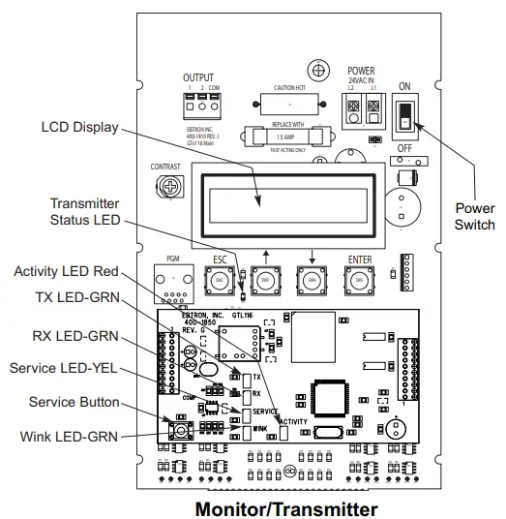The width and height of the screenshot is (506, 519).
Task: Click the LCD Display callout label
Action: (x=79, y=127)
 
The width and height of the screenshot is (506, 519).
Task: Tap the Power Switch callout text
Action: (x=474, y=216)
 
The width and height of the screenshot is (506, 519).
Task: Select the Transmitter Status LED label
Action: (x=85, y=212)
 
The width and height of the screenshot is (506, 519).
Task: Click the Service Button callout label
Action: (x=74, y=402)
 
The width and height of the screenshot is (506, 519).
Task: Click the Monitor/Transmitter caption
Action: (x=285, y=507)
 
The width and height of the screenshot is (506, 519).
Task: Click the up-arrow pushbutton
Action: (x=264, y=281)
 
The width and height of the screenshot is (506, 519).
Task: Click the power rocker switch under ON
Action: (x=403, y=115)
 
